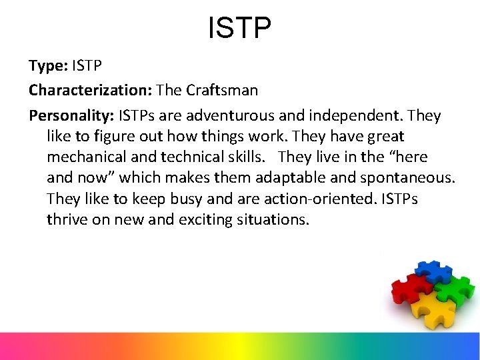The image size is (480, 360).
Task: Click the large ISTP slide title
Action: tap(240, 29)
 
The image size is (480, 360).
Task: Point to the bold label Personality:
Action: tap(71, 115)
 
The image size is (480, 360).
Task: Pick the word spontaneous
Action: tap(407, 177)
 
